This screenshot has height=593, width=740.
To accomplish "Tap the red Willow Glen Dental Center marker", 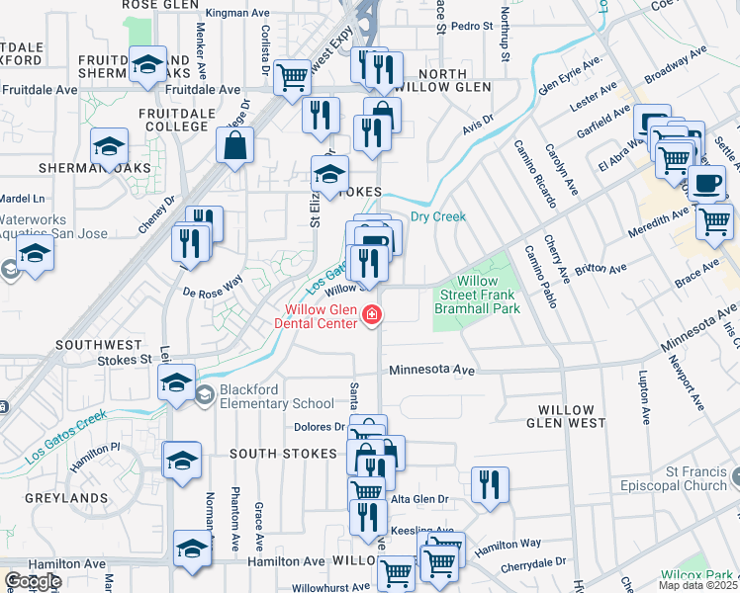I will point(373,316).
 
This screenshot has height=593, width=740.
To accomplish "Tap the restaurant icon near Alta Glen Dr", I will point(490,483).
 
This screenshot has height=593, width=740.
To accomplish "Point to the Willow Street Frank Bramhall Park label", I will point(477,295).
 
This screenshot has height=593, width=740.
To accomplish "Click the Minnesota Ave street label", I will point(432,369).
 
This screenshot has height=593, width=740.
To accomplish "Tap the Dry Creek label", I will point(437,216).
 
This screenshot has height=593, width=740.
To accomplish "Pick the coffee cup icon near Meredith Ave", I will point(705,183).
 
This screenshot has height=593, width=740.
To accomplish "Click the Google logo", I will point(33,581).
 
